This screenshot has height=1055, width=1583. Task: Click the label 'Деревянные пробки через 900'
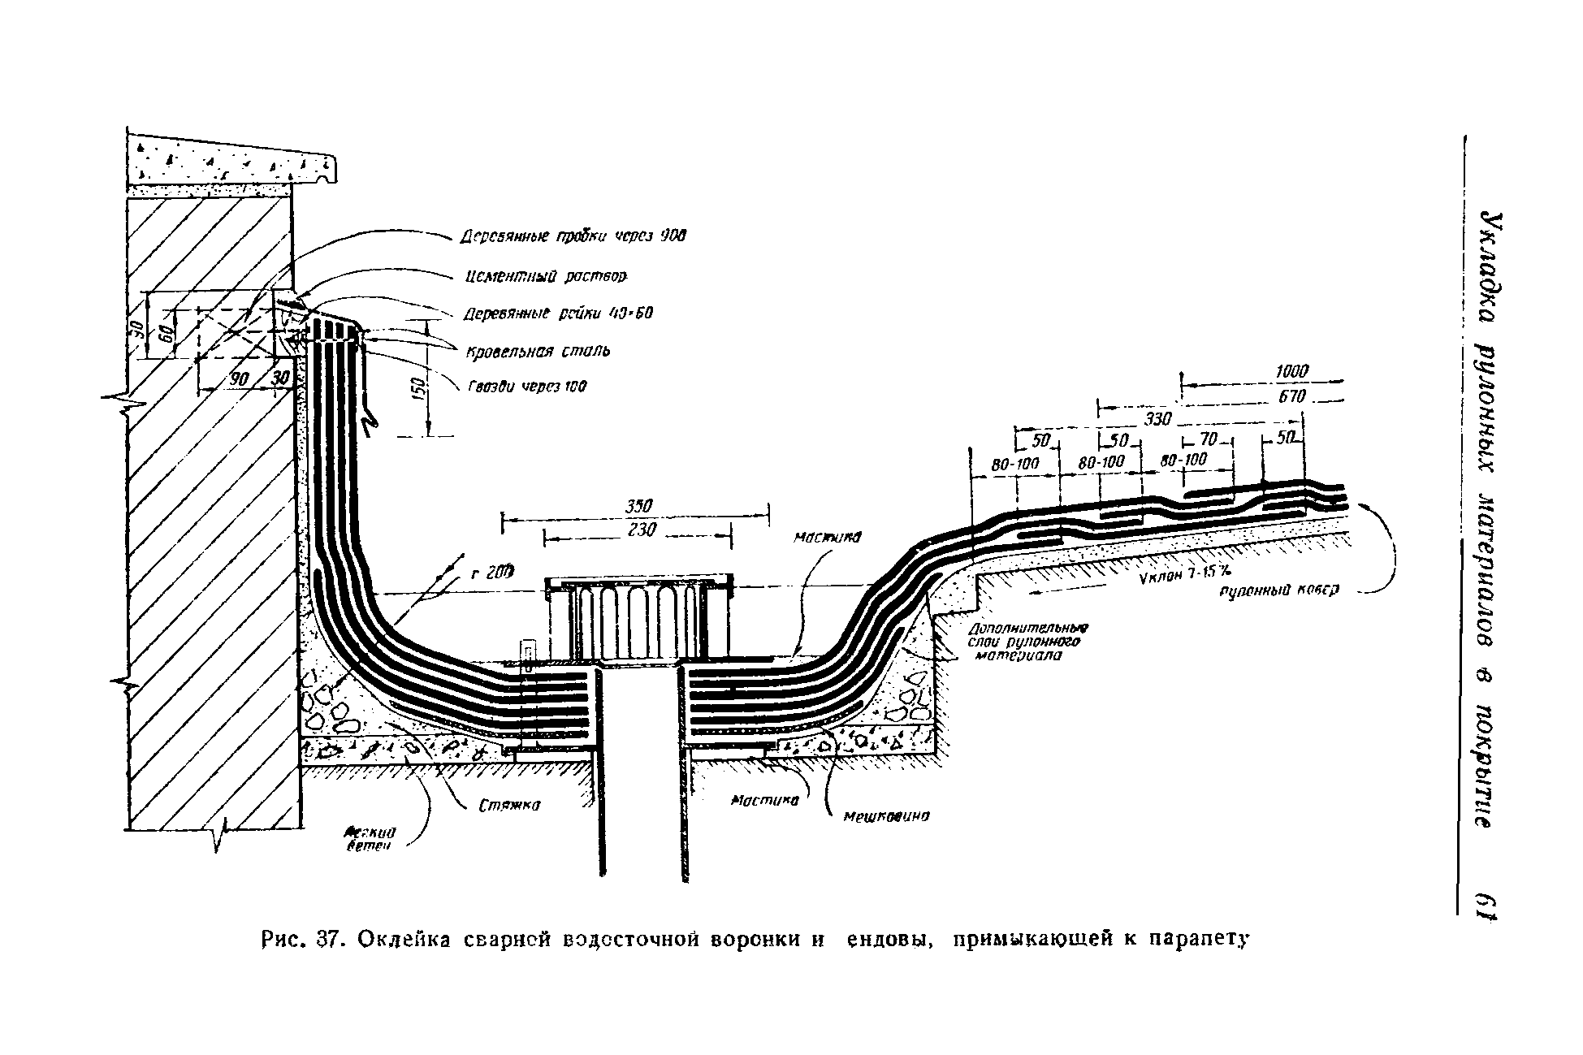coord(573,236)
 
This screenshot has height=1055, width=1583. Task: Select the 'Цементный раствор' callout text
coord(547,277)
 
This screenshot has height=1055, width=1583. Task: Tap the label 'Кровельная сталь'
coord(538,351)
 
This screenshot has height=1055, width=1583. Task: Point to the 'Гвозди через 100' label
coord(526,387)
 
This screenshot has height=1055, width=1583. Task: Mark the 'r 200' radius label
coord(493,573)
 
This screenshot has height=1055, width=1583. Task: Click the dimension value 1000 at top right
coord(1291,371)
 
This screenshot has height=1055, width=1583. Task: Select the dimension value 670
coord(1291,396)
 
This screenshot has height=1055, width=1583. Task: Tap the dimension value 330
coord(1158,419)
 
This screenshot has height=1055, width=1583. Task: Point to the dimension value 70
coord(1209,439)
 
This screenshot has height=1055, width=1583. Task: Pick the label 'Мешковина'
coord(886,816)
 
